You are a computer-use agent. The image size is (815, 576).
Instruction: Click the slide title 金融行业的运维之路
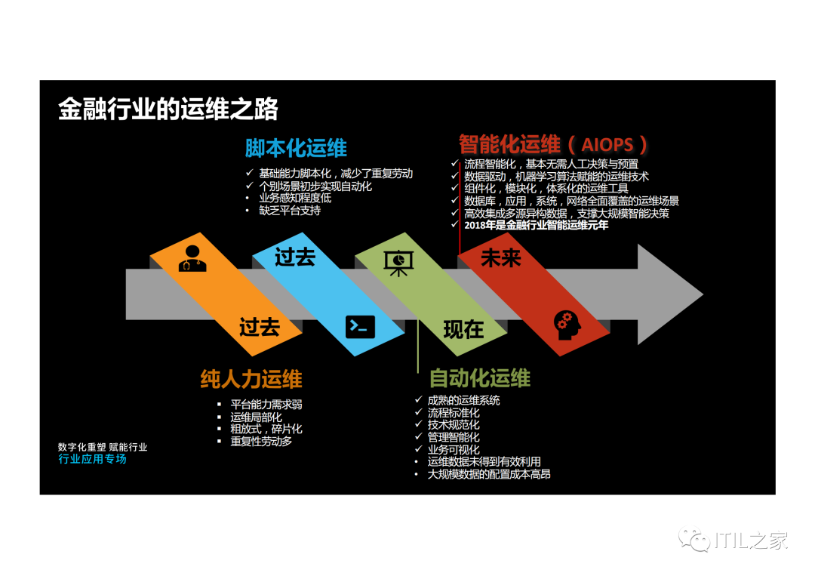click(x=168, y=109)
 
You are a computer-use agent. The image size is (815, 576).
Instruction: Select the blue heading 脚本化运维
click(x=296, y=147)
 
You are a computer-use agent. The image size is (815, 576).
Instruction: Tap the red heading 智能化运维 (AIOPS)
click(x=553, y=143)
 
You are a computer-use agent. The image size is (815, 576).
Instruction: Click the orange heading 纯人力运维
click(x=251, y=379)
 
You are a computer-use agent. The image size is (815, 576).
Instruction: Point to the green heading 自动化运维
click(x=479, y=378)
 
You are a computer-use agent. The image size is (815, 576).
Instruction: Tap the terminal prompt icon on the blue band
click(x=360, y=326)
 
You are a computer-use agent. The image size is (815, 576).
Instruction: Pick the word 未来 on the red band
click(x=501, y=258)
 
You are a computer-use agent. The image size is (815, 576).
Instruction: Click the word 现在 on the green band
click(x=463, y=329)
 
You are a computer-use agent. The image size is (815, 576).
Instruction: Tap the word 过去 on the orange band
click(x=260, y=327)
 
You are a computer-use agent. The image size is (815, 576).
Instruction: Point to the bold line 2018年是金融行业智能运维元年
click(x=536, y=225)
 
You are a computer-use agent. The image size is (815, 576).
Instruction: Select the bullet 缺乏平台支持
click(x=290, y=211)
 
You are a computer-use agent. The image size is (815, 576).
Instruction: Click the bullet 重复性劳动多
click(x=261, y=441)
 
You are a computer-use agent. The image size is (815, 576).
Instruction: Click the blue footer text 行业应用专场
click(x=92, y=459)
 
